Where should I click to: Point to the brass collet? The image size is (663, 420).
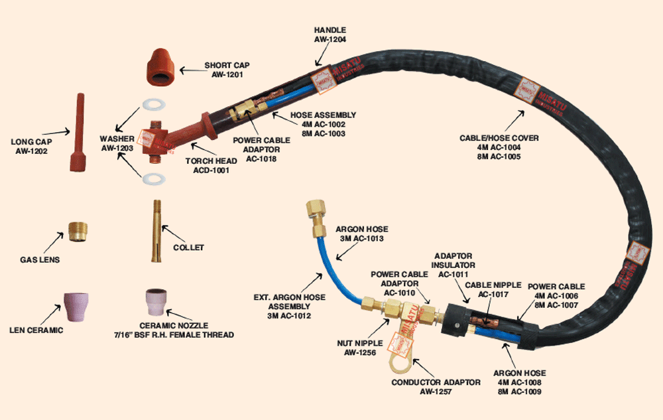[156, 232]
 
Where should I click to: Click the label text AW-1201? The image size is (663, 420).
[228, 75]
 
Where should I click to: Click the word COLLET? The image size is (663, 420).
[189, 247]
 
